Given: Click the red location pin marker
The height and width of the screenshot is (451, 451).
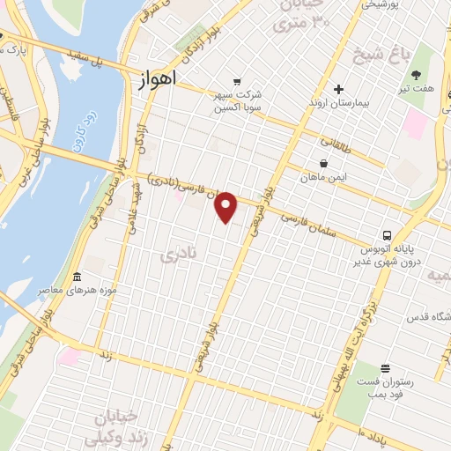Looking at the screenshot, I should (x=226, y=207).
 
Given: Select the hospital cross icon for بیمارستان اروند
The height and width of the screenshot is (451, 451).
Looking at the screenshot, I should (x=338, y=89).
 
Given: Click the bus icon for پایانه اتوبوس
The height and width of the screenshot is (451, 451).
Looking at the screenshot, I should (x=387, y=235).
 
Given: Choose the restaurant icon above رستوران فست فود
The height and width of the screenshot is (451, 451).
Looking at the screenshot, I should (x=385, y=368).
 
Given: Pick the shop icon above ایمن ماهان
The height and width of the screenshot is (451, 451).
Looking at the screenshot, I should (x=324, y=163).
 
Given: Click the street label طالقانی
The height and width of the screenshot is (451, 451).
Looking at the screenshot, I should (x=335, y=141).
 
